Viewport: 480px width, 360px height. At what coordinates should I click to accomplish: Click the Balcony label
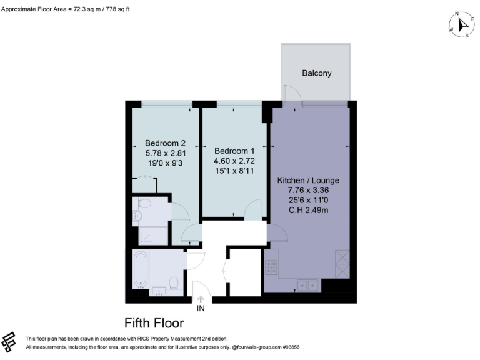316,73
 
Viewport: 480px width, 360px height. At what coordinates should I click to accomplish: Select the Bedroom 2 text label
165,142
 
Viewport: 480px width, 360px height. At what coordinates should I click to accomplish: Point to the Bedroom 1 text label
234,151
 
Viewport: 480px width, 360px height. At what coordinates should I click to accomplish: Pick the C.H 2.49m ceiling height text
307,211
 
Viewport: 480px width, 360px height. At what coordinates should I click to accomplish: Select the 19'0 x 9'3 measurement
165,162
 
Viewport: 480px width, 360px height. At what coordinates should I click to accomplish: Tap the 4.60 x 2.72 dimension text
234,161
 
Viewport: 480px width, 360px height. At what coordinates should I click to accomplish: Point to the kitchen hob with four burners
272,267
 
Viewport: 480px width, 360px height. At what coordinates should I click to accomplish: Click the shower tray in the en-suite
152,236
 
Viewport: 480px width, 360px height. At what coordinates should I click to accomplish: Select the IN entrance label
201,308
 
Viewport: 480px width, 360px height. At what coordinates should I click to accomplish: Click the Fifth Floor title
154,323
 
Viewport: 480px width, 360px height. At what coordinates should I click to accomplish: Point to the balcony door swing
291,94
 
